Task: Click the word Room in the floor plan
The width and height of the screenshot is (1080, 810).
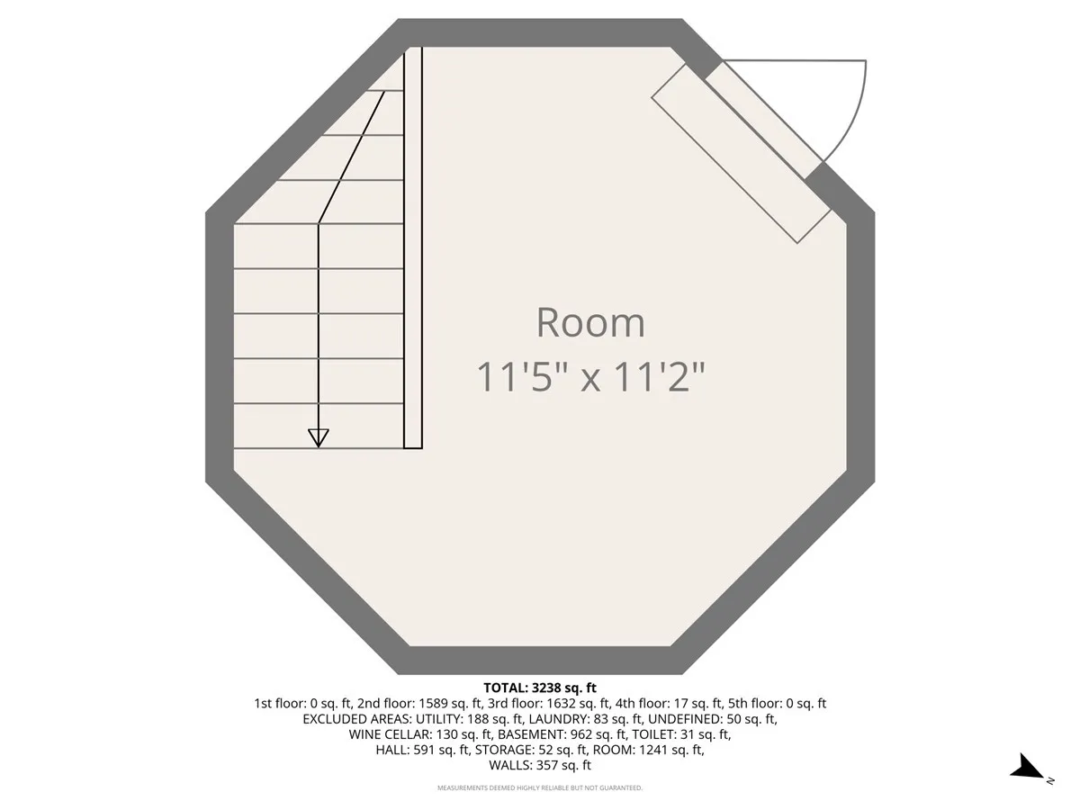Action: (590, 323)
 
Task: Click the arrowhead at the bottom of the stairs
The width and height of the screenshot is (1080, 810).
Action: (318, 437)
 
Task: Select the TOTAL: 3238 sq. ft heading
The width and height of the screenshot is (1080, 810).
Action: (540, 688)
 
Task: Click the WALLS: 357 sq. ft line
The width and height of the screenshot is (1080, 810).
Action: (540, 766)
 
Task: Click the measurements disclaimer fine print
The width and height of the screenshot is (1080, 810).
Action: (540, 788)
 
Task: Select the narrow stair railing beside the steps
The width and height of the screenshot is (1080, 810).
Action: (413, 247)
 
